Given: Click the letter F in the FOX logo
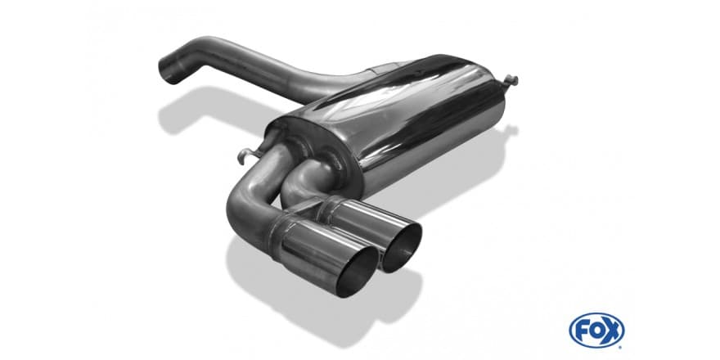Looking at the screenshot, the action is coord(580,330).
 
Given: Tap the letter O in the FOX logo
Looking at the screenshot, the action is coord(596,330).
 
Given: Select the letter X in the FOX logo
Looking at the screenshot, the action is coord(612,330).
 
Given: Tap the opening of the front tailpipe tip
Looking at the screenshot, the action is coord(358,272).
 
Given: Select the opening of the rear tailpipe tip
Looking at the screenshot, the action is coord(402,247).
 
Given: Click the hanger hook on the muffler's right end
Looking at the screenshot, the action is coord(511,82).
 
